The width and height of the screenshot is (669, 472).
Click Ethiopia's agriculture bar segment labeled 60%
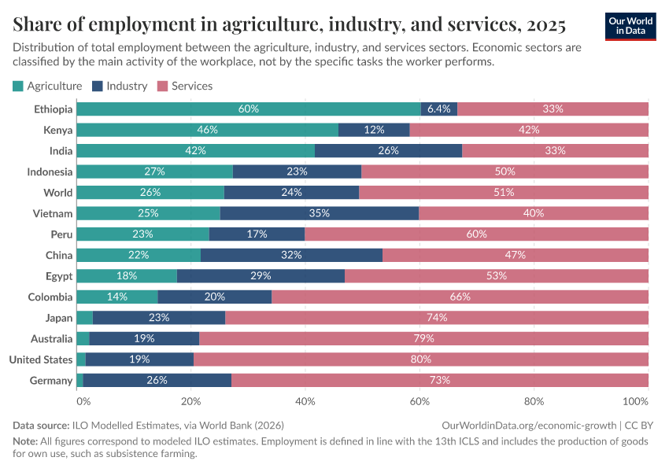pos(248,109)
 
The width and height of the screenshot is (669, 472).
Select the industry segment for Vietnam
pos(320,213)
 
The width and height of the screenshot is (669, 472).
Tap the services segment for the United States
pos(421,360)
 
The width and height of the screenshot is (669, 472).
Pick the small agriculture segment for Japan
pos(84,318)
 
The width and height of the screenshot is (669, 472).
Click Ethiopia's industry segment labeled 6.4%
pos(438,109)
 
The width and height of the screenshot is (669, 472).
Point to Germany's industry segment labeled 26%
pos(157,381)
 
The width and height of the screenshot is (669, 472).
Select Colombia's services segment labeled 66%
pos(460,297)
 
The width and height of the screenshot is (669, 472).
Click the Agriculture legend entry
pos(48,86)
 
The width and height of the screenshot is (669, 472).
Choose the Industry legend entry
pos(120,86)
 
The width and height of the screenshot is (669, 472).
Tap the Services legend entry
pos(185,86)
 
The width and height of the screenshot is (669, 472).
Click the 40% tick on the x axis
pos(305,402)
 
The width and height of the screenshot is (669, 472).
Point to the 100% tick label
pos(635,402)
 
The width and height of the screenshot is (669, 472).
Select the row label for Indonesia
pos(50,171)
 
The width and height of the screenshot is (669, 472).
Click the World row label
pos(58,193)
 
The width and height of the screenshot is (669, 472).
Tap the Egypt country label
pos(59,276)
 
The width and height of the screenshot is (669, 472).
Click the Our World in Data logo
pos(630,26)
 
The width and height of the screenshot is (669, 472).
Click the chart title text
pos(289,25)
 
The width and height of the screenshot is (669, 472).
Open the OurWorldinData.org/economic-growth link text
pos(530,426)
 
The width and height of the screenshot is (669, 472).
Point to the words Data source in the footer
pos(41,426)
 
